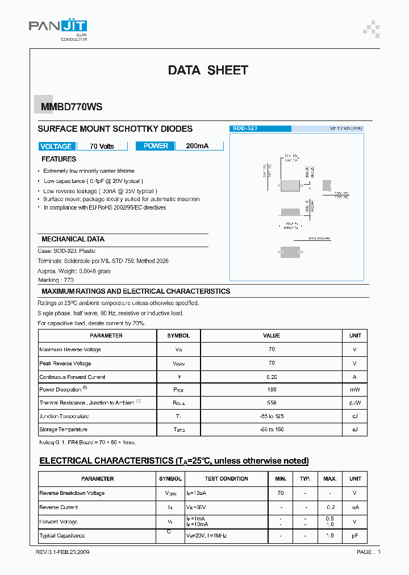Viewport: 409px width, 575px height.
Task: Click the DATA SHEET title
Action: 208,70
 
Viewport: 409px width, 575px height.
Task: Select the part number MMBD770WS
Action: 64,106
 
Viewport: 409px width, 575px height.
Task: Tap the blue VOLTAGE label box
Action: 56,146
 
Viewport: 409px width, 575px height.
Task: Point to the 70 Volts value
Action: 102,147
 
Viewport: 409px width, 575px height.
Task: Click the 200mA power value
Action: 197,146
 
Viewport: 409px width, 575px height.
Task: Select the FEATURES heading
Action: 59,159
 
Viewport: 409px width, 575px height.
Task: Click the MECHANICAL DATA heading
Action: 73,239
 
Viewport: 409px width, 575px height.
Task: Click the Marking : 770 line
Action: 56,280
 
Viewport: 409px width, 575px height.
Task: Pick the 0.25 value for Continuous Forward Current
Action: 272,377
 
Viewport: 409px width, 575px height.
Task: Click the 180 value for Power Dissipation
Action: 272,390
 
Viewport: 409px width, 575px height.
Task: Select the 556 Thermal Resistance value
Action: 272,403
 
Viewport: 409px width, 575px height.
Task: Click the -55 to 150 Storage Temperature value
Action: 272,430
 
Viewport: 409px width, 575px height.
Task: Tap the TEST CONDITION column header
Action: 226,479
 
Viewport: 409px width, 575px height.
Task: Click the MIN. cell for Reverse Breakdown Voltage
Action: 281,493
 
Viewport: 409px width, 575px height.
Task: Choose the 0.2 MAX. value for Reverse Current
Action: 330,507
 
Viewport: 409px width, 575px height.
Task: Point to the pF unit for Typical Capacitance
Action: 355,536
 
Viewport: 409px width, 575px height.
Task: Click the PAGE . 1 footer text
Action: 369,552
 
